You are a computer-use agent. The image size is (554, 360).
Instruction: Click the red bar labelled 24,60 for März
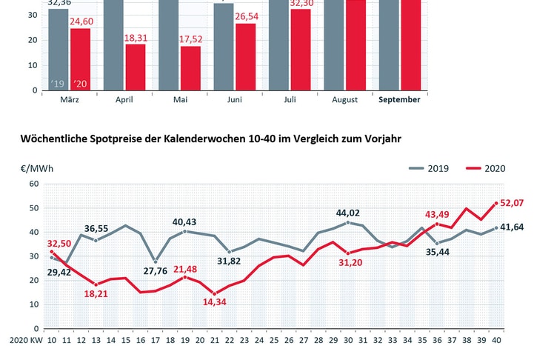[x=80, y=59]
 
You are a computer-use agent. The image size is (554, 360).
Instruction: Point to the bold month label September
[x=399, y=99]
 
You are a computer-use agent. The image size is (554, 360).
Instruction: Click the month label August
[x=344, y=99]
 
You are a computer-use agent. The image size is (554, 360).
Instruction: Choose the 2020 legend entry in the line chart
[x=488, y=167]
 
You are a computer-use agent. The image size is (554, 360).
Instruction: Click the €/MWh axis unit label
[x=35, y=168]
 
